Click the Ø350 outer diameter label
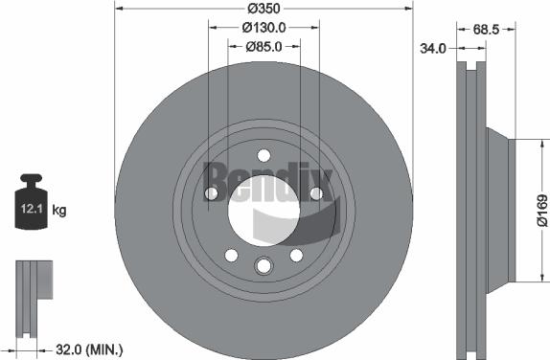coord(264,9)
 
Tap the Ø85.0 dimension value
coord(263,46)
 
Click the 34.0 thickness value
coord(434,49)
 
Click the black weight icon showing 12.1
coord(32,203)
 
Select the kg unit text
coord(59,209)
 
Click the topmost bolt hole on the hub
coord(264,157)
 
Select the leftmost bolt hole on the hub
coord(211,194)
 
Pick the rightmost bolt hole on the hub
coord(316,194)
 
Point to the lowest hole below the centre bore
coord(264,266)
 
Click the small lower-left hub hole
coord(231,255)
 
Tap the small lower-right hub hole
coord(296,255)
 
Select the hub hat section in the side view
coord(500,210)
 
